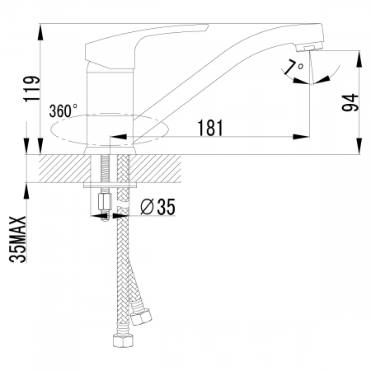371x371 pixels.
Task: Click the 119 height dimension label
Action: tap(32, 88)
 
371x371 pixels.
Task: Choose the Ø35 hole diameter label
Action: tap(157, 207)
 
